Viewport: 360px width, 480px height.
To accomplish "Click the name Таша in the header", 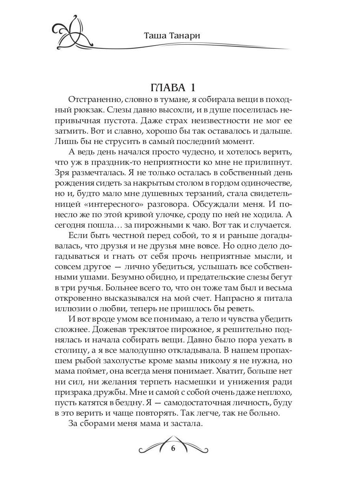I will (x=157, y=36).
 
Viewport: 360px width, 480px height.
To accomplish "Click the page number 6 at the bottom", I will (x=173, y=448).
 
